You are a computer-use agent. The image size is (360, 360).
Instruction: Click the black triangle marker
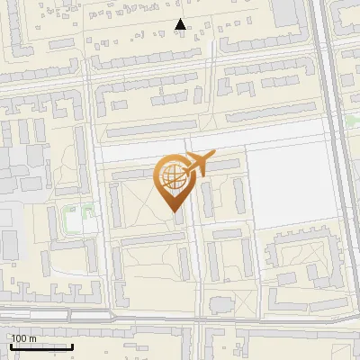point(181,25)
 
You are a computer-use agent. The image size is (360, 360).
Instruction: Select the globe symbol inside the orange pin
point(171,177)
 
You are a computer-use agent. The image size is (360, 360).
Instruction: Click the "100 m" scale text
point(23,338)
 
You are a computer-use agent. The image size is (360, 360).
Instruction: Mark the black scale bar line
point(41,346)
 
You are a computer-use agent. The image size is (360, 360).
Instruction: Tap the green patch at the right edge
point(353,120)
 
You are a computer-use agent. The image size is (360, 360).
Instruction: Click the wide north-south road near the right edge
point(335,180)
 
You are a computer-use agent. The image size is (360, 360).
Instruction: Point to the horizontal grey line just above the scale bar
point(54,318)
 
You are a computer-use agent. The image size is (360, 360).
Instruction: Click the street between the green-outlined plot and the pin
point(101,216)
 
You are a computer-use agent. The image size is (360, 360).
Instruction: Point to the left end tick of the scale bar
point(11,346)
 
